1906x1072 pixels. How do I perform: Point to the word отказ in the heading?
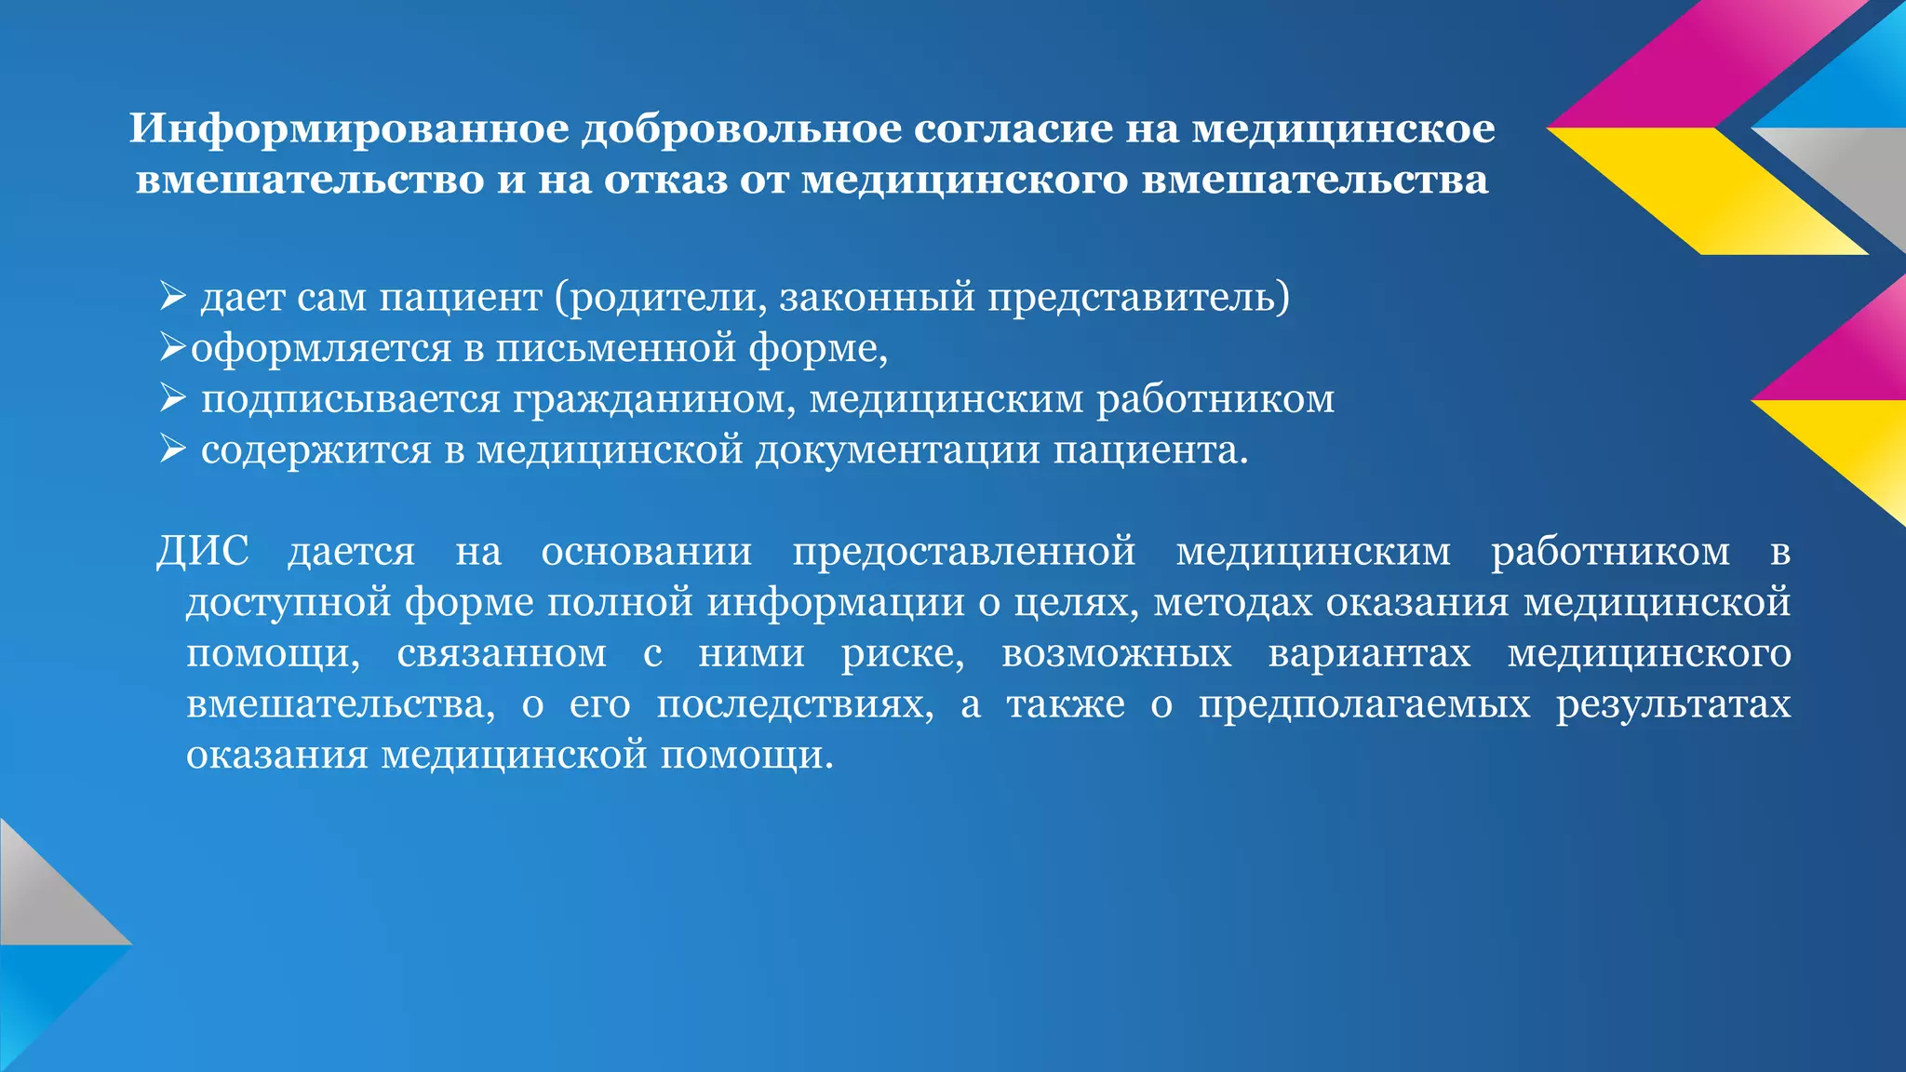tap(664, 179)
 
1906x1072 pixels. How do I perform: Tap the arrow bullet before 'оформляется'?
tap(173, 347)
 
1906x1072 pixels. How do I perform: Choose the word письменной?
tap(615, 348)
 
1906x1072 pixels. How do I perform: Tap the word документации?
tap(897, 450)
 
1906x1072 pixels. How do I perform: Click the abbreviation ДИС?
tap(202, 551)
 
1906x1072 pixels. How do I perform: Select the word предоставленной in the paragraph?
tap(963, 551)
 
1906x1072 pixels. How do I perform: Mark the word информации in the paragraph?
tap(835, 602)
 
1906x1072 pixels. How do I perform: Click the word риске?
tap(903, 652)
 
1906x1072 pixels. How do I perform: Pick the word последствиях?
tap(795, 703)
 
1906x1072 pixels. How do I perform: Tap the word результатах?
tap(1673, 703)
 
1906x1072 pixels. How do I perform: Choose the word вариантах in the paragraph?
tap(1369, 652)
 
